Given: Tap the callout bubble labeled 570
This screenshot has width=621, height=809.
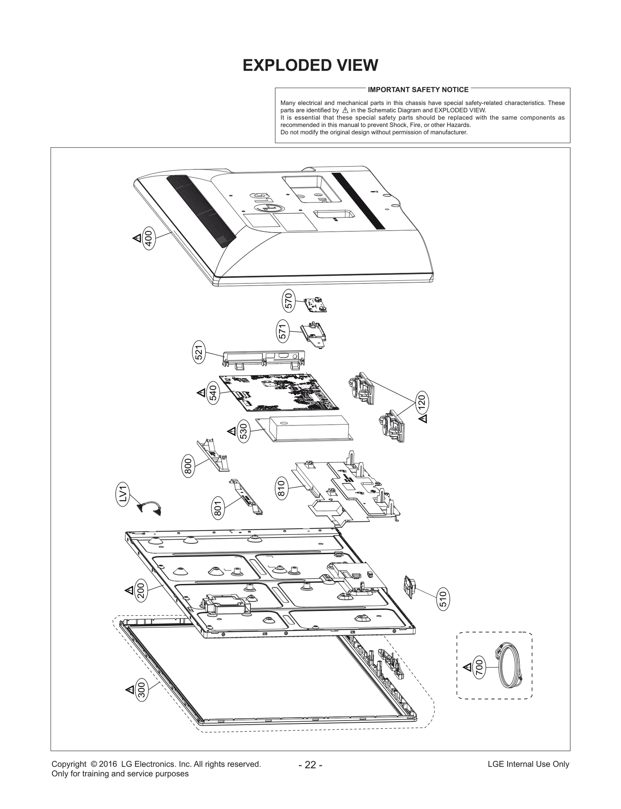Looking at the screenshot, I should click(x=288, y=301).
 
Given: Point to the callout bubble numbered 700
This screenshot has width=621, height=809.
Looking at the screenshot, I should click(x=479, y=668).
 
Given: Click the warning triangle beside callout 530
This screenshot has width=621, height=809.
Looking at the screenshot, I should click(x=231, y=431).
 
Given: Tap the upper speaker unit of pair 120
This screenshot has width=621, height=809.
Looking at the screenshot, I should click(x=362, y=387).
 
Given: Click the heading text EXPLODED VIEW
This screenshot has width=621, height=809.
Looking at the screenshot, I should click(x=310, y=65).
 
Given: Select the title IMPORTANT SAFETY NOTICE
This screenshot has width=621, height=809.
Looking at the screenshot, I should click(x=418, y=90).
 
